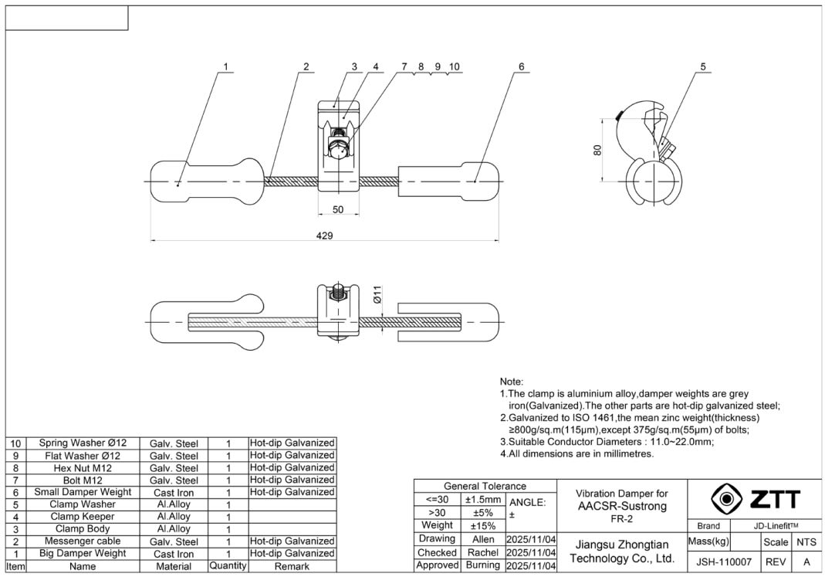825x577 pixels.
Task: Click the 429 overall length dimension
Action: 325,235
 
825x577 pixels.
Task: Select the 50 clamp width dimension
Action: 338,209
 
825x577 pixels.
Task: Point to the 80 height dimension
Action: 597,150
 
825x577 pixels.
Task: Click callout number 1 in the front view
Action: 225,66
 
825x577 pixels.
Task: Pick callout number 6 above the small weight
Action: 522,66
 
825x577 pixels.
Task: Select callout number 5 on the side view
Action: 703,66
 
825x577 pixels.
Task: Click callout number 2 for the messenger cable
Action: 306,66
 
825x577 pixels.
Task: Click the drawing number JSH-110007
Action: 713,562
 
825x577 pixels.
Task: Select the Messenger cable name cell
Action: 83,541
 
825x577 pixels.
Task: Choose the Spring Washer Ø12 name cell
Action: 83,443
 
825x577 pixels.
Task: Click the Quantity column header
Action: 228,566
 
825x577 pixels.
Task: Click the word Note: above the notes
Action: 512,382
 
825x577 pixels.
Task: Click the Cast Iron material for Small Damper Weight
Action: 174,492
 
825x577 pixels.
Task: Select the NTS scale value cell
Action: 806,542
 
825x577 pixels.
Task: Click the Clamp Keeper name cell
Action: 83,516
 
